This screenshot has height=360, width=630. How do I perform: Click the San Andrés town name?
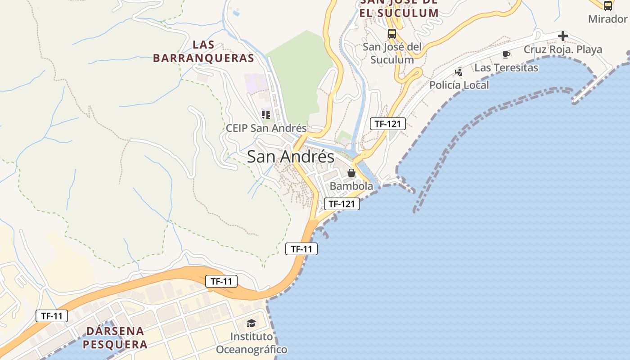tap(291, 157)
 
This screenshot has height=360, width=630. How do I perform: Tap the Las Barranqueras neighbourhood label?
tap(203, 51)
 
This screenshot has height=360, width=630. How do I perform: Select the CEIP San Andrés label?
tap(266, 128)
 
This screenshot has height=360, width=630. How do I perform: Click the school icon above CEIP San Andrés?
tap(266, 115)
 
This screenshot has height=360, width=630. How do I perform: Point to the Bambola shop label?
tap(351, 186)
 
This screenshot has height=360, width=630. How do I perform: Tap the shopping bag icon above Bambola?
tap(351, 173)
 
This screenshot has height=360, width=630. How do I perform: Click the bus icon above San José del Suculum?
tap(392, 34)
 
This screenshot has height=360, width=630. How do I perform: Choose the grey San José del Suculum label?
tap(392, 53)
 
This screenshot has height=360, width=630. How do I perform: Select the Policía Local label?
tap(459, 85)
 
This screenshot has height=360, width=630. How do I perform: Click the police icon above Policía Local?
tap(459, 72)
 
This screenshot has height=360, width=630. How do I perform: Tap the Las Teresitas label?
tap(506, 68)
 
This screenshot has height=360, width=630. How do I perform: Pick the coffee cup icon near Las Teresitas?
tap(506, 55)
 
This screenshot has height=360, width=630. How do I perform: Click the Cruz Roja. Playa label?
tap(562, 49)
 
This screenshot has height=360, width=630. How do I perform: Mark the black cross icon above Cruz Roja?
tap(562, 36)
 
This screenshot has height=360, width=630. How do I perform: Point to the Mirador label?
tap(607, 19)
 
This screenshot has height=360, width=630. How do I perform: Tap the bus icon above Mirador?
tap(607, 6)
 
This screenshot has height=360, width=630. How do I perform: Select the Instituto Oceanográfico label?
tap(251, 343)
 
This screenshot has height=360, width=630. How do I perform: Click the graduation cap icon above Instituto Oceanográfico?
tap(251, 323)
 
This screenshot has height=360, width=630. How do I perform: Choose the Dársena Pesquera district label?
tap(116, 338)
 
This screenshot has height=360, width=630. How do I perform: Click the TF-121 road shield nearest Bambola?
tap(342, 204)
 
